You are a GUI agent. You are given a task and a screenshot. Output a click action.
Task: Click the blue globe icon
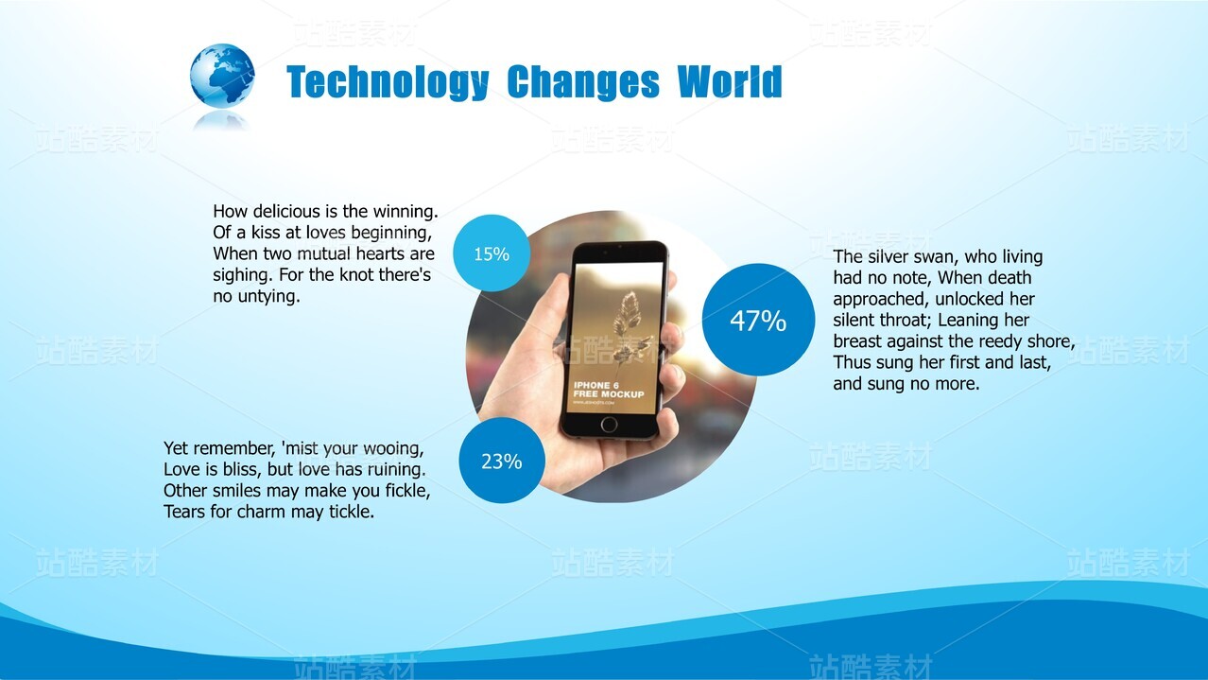coord(222,76)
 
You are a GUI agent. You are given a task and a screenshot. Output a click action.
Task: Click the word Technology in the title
coord(388,82)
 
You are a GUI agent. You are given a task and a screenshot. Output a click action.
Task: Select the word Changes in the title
coord(583,82)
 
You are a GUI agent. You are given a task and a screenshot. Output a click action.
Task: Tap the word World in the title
coord(730,81)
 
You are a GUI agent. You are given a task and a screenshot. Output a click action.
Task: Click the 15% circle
coord(492,253)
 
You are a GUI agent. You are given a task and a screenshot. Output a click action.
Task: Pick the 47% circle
coord(758,320)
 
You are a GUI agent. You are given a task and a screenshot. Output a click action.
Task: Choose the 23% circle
coord(502,461)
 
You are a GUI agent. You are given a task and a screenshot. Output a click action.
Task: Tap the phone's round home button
coord(609,425)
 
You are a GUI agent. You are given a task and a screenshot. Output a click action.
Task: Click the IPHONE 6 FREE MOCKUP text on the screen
coord(609,390)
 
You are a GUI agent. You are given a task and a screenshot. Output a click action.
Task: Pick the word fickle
coord(407,491)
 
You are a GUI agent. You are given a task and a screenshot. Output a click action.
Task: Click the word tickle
coord(352,512)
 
